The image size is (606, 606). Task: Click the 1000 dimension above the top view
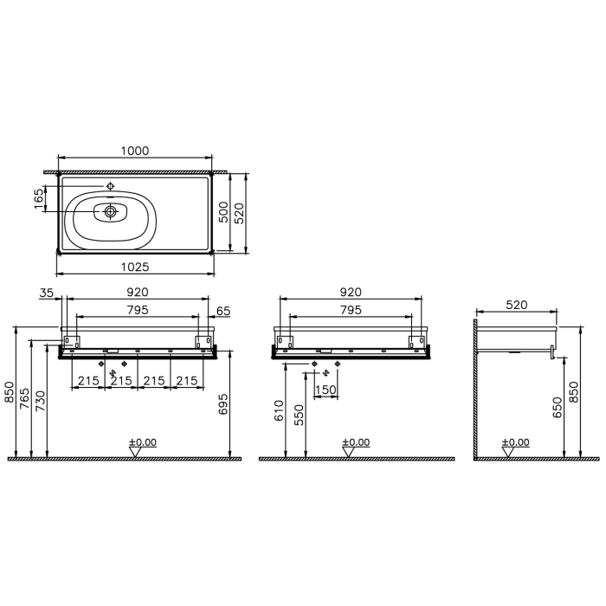pyautogui.click(x=134, y=151)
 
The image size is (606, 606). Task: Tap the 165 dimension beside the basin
pyautogui.click(x=38, y=198)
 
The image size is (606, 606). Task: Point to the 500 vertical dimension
pyautogui.click(x=222, y=213)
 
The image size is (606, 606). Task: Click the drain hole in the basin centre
pyautogui.click(x=111, y=211)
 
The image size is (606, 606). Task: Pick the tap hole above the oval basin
pyautogui.click(x=111, y=186)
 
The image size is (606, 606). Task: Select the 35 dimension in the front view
pyautogui.click(x=45, y=294)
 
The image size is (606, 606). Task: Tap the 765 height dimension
pyautogui.click(x=25, y=398)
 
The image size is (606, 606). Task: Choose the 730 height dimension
pyautogui.click(x=40, y=398)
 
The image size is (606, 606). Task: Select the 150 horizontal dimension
pyautogui.click(x=326, y=390)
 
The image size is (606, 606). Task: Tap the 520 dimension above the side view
pyautogui.click(x=516, y=306)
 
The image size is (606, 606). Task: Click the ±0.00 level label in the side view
pyautogui.click(x=516, y=442)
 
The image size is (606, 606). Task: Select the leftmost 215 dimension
pyautogui.click(x=87, y=381)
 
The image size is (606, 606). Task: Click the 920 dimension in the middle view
pyautogui.click(x=350, y=293)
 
